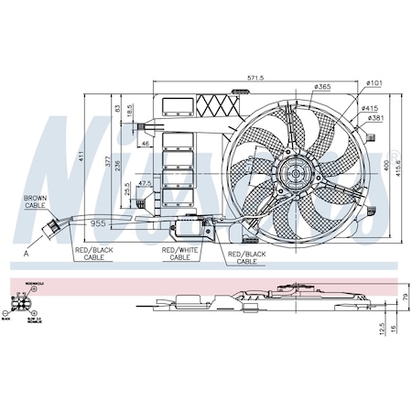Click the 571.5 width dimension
click(x=255, y=79)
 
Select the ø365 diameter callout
click(x=322, y=87)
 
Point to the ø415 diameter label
click(x=373, y=107)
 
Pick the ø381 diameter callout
click(x=374, y=118)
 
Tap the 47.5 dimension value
click(x=145, y=184)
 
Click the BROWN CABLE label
click(x=37, y=201)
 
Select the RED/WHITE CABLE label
click(x=179, y=253)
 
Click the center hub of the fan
click(x=295, y=171)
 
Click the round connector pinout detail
click(x=20, y=302)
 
